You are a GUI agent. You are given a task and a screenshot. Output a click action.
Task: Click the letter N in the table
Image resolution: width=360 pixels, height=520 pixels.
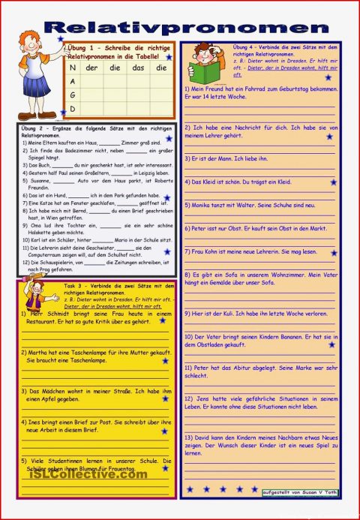pyautogui.click(x=73, y=68)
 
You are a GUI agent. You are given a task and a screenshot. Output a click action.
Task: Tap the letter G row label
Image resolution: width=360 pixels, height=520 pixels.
pyautogui.click(x=73, y=95)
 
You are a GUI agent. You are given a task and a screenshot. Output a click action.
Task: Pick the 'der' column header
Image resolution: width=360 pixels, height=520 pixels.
pyautogui.click(x=92, y=68)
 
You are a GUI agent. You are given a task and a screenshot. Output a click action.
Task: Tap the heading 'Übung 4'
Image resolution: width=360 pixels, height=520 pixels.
pyautogui.click(x=245, y=47)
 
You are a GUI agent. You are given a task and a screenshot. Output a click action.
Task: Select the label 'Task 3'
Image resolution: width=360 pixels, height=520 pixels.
pyautogui.click(x=73, y=286)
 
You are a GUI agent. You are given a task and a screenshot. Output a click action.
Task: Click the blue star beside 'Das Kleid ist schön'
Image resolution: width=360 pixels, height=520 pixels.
pyautogui.click(x=333, y=182)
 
